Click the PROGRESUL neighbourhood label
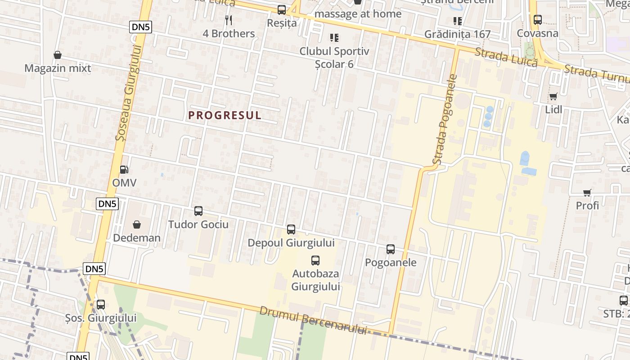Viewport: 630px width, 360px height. point(225,115)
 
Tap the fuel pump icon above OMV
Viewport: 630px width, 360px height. point(124,170)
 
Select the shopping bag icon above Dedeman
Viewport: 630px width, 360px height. point(137,224)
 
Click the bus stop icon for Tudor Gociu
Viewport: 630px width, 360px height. point(198,211)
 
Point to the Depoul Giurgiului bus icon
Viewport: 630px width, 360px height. point(291,229)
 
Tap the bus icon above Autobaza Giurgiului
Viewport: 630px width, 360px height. point(315,260)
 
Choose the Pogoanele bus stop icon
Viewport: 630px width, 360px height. point(391,249)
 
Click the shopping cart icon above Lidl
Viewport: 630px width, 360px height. point(553,96)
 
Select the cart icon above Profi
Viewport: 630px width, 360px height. point(587,193)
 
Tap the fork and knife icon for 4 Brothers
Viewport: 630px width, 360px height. point(229,20)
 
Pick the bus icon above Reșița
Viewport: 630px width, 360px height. point(282,9)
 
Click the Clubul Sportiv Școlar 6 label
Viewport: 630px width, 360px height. point(334,57)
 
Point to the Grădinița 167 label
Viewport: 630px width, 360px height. point(457,34)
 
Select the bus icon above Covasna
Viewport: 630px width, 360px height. point(537,20)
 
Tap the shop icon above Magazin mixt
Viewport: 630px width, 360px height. point(58,55)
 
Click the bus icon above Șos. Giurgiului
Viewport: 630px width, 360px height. point(101,305)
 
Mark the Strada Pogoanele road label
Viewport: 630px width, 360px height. point(445,119)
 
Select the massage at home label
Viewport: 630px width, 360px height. point(358,14)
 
